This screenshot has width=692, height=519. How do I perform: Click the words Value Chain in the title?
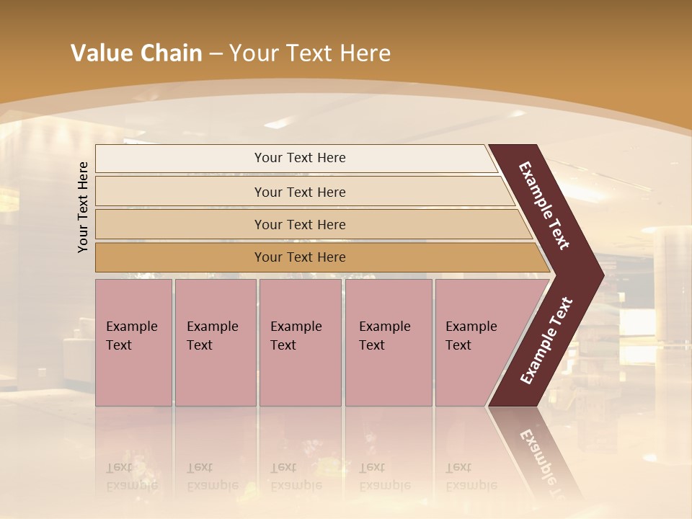136,53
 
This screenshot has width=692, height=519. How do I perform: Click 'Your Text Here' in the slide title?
310,53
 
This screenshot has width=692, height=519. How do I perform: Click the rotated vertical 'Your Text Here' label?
83,207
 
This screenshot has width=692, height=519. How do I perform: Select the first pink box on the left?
133,342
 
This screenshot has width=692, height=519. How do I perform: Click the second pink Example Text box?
216,342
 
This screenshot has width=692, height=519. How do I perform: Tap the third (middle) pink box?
300,342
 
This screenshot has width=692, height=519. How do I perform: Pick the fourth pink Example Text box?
389,342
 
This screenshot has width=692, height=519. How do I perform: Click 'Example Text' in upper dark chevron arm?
544,205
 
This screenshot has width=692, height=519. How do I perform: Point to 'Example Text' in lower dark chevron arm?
546,341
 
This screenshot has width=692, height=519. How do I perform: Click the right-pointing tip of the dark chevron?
600,275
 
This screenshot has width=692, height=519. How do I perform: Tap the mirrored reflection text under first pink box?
131,476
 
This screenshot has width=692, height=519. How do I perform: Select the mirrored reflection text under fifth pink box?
471,476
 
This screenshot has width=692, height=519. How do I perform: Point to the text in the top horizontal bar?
300,158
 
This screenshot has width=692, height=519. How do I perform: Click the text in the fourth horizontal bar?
300,257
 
